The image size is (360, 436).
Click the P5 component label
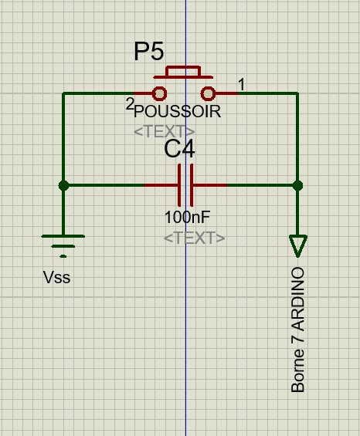[149, 52]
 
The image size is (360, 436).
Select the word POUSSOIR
[178, 111]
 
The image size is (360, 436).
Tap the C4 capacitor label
[179, 149]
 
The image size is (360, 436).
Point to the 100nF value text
[187, 217]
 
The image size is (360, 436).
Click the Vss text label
[57, 278]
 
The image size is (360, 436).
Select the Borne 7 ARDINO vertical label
[297, 330]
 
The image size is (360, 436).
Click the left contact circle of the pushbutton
[160, 93]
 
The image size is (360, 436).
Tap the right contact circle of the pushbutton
[209, 93]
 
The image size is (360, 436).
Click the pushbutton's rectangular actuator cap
[183, 71]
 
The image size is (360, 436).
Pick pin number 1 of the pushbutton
[241, 84]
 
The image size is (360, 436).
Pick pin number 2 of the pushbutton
[130, 105]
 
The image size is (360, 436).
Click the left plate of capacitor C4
[179, 185]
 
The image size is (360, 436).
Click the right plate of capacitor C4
[192, 185]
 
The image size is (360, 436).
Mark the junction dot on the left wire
[64, 185]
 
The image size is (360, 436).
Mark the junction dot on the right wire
[298, 185]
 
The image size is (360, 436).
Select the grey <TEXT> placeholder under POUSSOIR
[165, 131]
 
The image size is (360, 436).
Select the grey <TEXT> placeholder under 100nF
[195, 238]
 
